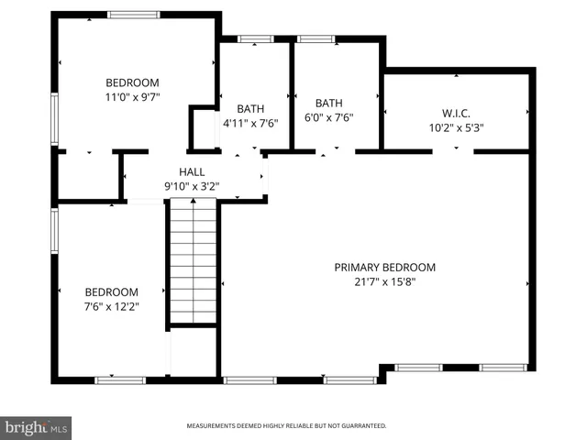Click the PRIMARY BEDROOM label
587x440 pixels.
(x=384, y=267)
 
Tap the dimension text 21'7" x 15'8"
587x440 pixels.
(x=384, y=282)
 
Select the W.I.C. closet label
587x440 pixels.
(x=456, y=114)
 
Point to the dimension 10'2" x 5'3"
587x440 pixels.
(x=456, y=128)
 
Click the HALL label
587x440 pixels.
(x=192, y=171)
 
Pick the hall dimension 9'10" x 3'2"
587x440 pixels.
(x=192, y=186)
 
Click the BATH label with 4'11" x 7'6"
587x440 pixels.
(x=250, y=107)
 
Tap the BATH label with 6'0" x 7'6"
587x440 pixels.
(x=328, y=103)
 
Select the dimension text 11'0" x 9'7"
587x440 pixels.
(x=133, y=95)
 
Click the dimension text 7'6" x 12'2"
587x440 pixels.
(x=112, y=307)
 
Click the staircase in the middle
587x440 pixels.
(x=193, y=266)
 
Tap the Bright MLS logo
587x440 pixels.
(x=37, y=427)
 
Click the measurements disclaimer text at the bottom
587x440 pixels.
(x=286, y=426)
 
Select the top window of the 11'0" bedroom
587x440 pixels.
(x=134, y=15)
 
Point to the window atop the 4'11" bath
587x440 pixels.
(x=256, y=38)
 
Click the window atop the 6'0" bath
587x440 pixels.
(x=316, y=38)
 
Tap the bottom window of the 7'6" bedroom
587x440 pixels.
(x=120, y=379)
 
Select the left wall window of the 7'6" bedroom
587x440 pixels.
(x=55, y=230)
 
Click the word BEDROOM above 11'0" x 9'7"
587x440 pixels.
(x=133, y=81)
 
